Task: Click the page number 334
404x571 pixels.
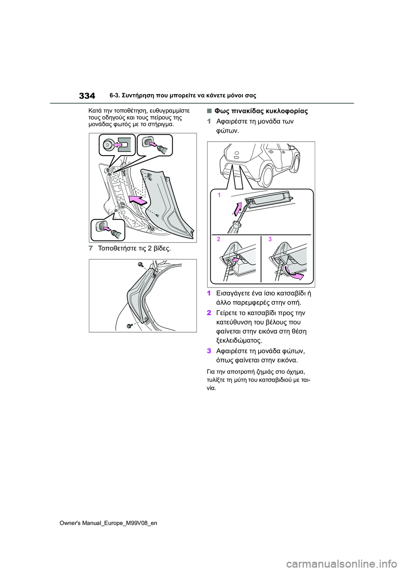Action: [x=87, y=96]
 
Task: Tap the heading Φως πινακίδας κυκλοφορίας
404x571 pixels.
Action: [x=261, y=111]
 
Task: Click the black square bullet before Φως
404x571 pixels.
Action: [x=209, y=111]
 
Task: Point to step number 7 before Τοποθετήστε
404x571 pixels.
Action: [x=90, y=248]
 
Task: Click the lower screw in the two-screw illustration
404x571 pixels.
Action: [x=130, y=325]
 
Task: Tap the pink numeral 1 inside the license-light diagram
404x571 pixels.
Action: [x=219, y=195]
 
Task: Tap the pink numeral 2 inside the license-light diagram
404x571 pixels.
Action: [x=218, y=239]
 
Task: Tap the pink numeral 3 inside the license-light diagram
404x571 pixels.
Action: [x=270, y=239]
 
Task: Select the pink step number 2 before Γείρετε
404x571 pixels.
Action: [x=209, y=313]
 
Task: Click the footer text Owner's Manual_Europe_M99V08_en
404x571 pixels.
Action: [x=108, y=523]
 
